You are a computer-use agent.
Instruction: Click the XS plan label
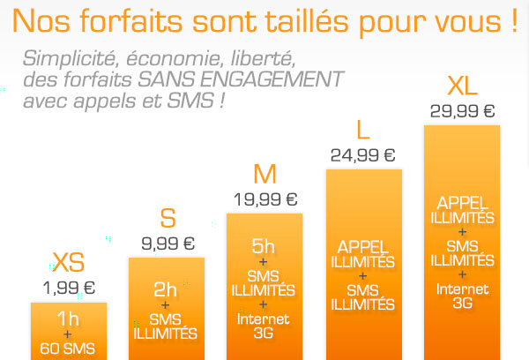pos(68,261)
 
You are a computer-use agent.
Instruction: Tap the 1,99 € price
pos(69,286)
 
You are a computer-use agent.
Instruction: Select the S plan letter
pos(167,218)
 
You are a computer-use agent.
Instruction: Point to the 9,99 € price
pos(167,242)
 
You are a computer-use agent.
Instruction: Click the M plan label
pos(264,173)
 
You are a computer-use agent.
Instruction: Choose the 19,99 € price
pos(264,198)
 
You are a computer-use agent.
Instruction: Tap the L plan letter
pos(362,131)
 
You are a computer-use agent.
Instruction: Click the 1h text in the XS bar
pos(68,319)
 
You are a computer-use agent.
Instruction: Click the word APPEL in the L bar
pos(362,246)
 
